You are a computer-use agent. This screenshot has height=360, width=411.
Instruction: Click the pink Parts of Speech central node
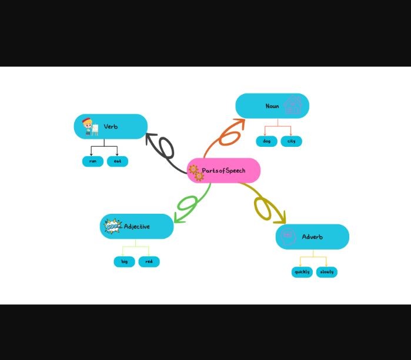223,171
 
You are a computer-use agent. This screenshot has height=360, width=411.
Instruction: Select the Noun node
272,106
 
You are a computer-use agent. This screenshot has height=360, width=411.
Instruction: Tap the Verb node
111,126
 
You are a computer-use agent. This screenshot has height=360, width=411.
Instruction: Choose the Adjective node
137,226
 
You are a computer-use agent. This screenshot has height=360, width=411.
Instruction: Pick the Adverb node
312,237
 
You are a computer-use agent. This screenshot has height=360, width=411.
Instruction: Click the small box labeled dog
266,141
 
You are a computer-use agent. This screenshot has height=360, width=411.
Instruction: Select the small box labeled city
291,141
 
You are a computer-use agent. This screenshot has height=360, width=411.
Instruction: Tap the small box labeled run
92,161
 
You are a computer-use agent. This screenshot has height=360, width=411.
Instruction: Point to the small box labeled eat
117,161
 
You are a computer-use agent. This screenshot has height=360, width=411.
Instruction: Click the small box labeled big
124,261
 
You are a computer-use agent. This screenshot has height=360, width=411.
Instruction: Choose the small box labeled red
149,261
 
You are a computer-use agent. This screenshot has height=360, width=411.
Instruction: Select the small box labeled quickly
302,272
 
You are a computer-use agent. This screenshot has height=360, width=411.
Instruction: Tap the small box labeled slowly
327,272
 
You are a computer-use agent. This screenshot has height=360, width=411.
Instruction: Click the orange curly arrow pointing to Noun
228,135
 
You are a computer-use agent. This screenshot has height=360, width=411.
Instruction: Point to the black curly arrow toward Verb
165,150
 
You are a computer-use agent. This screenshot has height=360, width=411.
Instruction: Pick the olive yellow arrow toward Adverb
265,206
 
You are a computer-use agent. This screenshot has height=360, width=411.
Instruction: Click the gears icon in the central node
196,172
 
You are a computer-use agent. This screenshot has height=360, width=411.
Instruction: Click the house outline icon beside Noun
293,106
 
